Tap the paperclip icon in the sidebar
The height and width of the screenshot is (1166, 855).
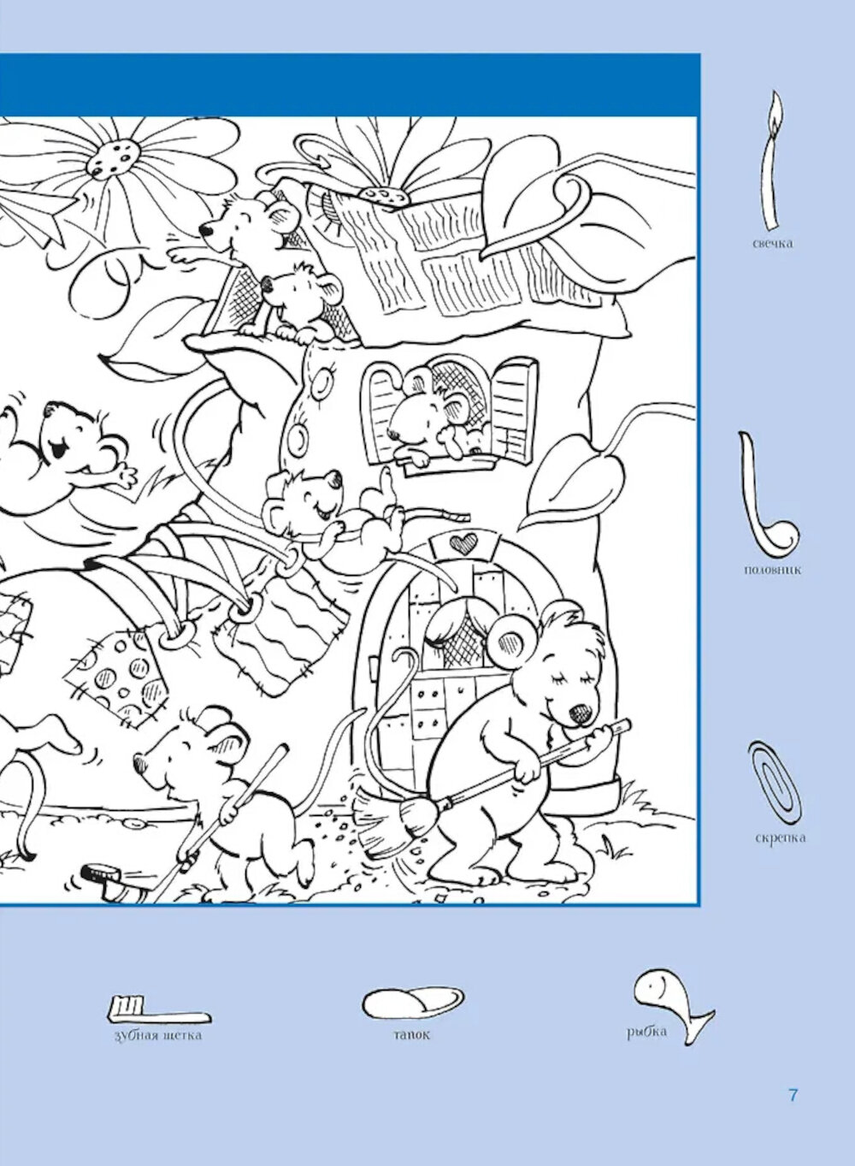tap(774, 781)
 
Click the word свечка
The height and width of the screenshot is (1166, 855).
tap(773, 243)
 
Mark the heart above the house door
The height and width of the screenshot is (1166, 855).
tap(461, 543)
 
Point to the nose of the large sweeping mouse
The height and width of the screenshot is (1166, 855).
tap(581, 713)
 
